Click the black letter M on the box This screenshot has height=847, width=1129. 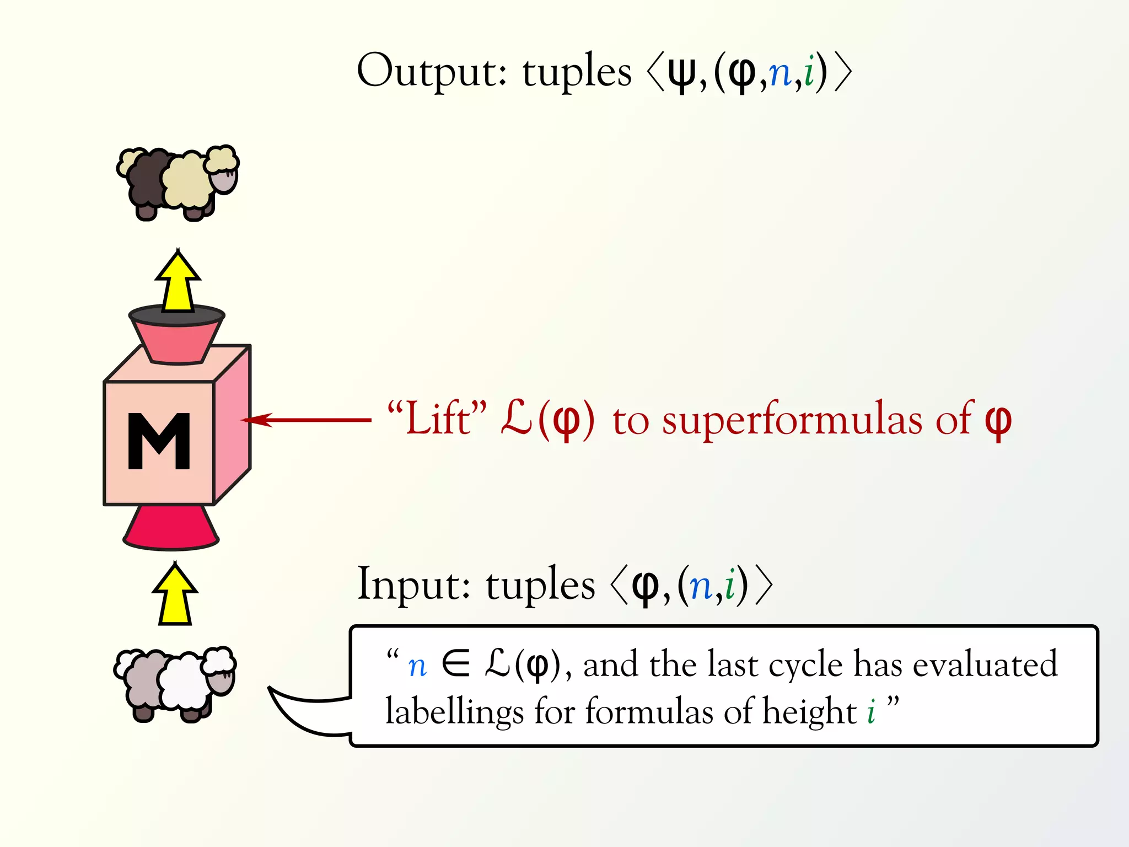pos(159,441)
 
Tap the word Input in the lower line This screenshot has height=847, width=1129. pos(413,585)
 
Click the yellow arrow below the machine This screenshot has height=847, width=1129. pos(175,596)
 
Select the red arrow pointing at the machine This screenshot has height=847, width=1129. pos(307,420)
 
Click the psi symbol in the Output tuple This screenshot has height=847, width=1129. pos(682,74)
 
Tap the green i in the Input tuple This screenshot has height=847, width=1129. pos(730,586)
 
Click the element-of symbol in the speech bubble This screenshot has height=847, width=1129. pos(455,664)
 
